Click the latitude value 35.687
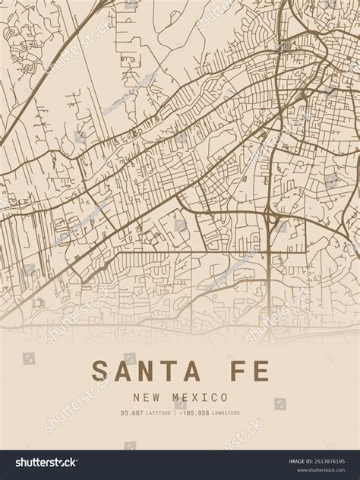(x=131, y=413)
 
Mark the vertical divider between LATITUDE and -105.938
(x=175, y=413)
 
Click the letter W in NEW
(x=155, y=397)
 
